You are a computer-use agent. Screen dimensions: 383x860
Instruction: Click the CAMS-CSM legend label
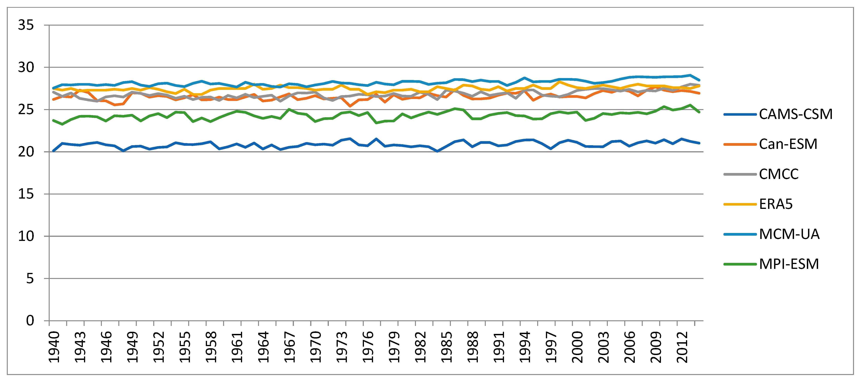click(x=796, y=114)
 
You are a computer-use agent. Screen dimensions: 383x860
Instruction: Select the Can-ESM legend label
click(x=788, y=144)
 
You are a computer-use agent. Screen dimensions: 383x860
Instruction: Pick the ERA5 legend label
click(x=776, y=204)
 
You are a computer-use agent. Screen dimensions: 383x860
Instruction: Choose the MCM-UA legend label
click(x=789, y=234)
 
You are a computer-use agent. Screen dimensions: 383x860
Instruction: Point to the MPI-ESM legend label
click(x=789, y=264)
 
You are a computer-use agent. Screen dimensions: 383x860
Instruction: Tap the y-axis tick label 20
click(x=26, y=152)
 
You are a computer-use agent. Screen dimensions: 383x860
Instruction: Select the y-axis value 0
click(x=30, y=320)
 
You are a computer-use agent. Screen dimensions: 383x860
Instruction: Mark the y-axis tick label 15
click(x=26, y=194)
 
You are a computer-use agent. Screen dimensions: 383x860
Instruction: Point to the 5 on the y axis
click(x=30, y=279)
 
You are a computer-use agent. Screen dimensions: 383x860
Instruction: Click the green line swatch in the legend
click(x=740, y=264)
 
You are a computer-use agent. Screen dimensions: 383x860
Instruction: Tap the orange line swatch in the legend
click(x=740, y=144)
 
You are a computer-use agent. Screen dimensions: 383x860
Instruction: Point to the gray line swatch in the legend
click(x=740, y=174)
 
